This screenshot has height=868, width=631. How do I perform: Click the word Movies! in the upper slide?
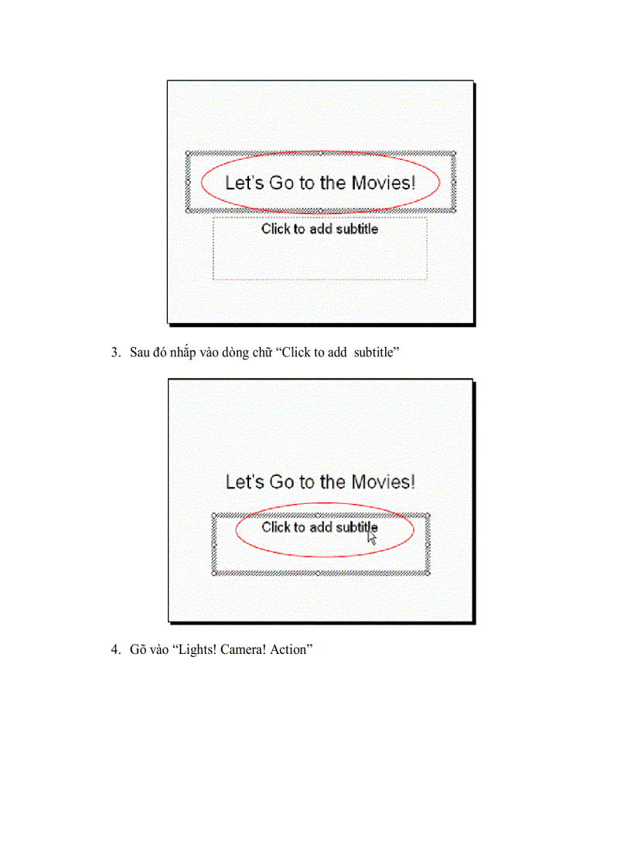[384, 183]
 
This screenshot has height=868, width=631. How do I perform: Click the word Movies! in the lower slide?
[384, 482]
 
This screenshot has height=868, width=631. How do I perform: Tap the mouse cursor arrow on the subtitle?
[372, 537]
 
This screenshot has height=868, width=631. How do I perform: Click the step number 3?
[115, 353]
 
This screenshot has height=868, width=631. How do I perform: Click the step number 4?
[115, 651]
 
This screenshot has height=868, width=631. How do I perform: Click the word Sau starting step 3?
[140, 353]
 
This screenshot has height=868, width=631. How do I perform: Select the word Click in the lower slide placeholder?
[275, 527]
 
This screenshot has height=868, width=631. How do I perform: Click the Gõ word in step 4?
[138, 651]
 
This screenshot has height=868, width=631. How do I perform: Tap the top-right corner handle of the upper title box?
[453, 154]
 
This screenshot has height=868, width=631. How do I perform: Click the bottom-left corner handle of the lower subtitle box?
[213, 574]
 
